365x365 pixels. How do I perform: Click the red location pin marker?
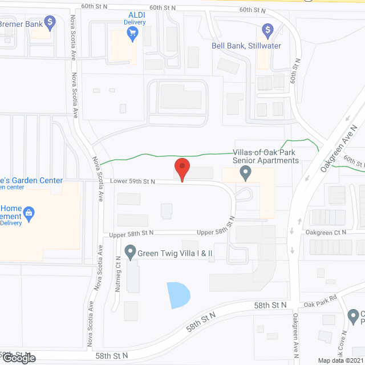pos(182,169)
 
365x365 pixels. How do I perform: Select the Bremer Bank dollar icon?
pos(50,23)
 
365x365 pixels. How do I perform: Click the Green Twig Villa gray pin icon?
pos(130,252)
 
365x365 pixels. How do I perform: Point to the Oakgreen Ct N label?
pos(326,232)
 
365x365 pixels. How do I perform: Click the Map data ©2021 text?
pos(339,360)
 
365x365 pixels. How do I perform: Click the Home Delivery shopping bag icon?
pos(30,215)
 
